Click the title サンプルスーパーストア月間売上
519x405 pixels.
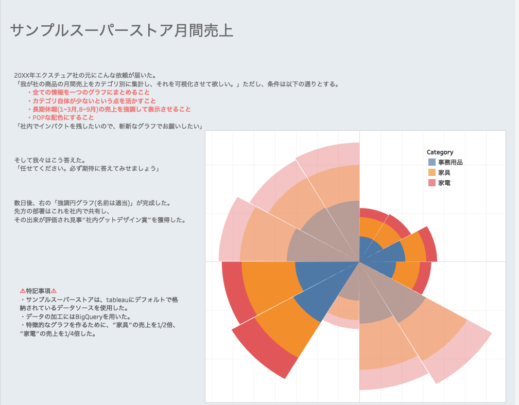pyautogui.click(x=122, y=30)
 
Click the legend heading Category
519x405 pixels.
pyautogui.click(x=440, y=152)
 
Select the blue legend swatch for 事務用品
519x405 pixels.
pyautogui.click(x=431, y=162)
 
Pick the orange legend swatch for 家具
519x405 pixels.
pyautogui.click(x=431, y=172)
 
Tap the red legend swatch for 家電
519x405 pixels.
pyautogui.click(x=431, y=183)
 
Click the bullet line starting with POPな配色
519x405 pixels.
pyautogui.click(x=61, y=117)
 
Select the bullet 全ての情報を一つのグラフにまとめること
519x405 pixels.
pyautogui.click(x=89, y=92)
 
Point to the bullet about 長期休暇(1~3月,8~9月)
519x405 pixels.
pyautogui.click(x=109, y=109)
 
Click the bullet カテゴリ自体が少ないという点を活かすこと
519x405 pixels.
pyautogui.click(x=91, y=101)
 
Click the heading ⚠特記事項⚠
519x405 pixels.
pyautogui.click(x=38, y=291)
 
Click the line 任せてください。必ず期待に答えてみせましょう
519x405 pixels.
pyautogui.click(x=89, y=168)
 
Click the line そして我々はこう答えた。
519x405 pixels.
pyautogui.click(x=50, y=160)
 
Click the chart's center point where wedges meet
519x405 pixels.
pyautogui.click(x=359, y=262)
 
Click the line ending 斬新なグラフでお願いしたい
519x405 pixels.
pyautogui.click(x=109, y=126)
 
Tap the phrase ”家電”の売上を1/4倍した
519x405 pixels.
pyautogui.click(x=58, y=333)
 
